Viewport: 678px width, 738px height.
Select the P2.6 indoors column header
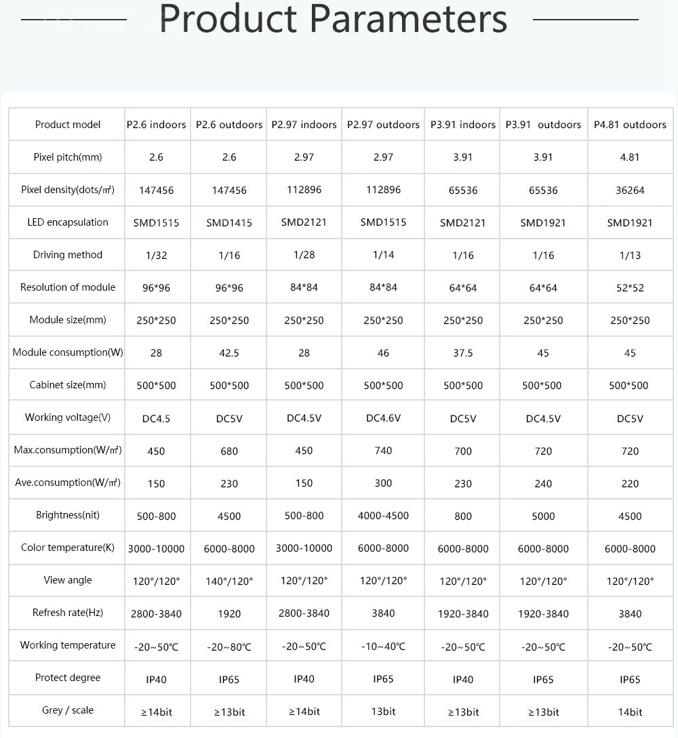click(x=156, y=125)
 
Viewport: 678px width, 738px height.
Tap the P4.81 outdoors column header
click(x=630, y=125)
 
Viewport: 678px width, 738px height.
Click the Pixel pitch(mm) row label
click(x=68, y=157)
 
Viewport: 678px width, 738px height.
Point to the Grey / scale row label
click(x=68, y=710)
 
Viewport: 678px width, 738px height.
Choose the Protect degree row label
click(x=68, y=678)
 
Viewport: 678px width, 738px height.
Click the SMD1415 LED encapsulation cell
click(x=229, y=223)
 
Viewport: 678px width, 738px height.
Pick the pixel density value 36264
click(x=630, y=190)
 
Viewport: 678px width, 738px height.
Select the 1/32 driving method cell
click(x=156, y=255)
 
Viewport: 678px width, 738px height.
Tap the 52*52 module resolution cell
click(x=630, y=288)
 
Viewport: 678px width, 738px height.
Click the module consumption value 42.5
click(x=229, y=353)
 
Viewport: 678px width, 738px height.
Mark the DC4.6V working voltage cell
click(x=383, y=418)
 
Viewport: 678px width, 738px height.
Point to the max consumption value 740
click(x=383, y=451)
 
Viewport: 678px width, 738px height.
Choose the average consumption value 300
click(x=383, y=483)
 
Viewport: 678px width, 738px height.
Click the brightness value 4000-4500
click(x=383, y=516)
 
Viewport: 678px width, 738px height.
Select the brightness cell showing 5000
click(x=543, y=516)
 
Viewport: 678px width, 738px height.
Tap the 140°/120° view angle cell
click(x=229, y=581)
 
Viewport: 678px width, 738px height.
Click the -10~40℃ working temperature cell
click(x=383, y=647)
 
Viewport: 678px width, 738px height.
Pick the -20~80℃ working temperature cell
click(x=229, y=647)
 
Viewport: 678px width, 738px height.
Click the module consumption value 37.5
click(x=463, y=353)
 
